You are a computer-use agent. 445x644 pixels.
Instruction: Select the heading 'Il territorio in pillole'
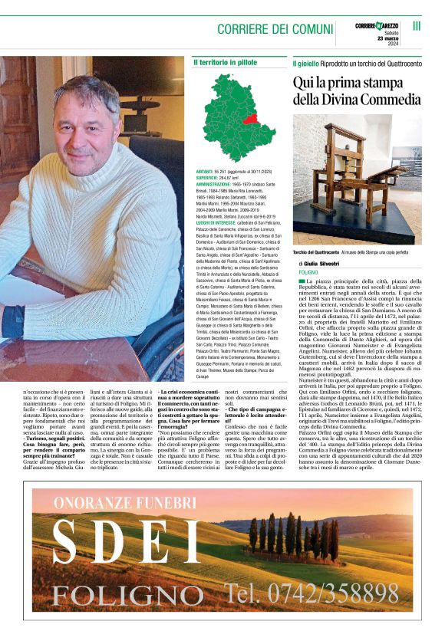[x=225, y=61]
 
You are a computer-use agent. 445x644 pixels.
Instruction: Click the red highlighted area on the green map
[x=269, y=120]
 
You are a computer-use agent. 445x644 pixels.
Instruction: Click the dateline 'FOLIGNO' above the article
[x=308, y=272]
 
